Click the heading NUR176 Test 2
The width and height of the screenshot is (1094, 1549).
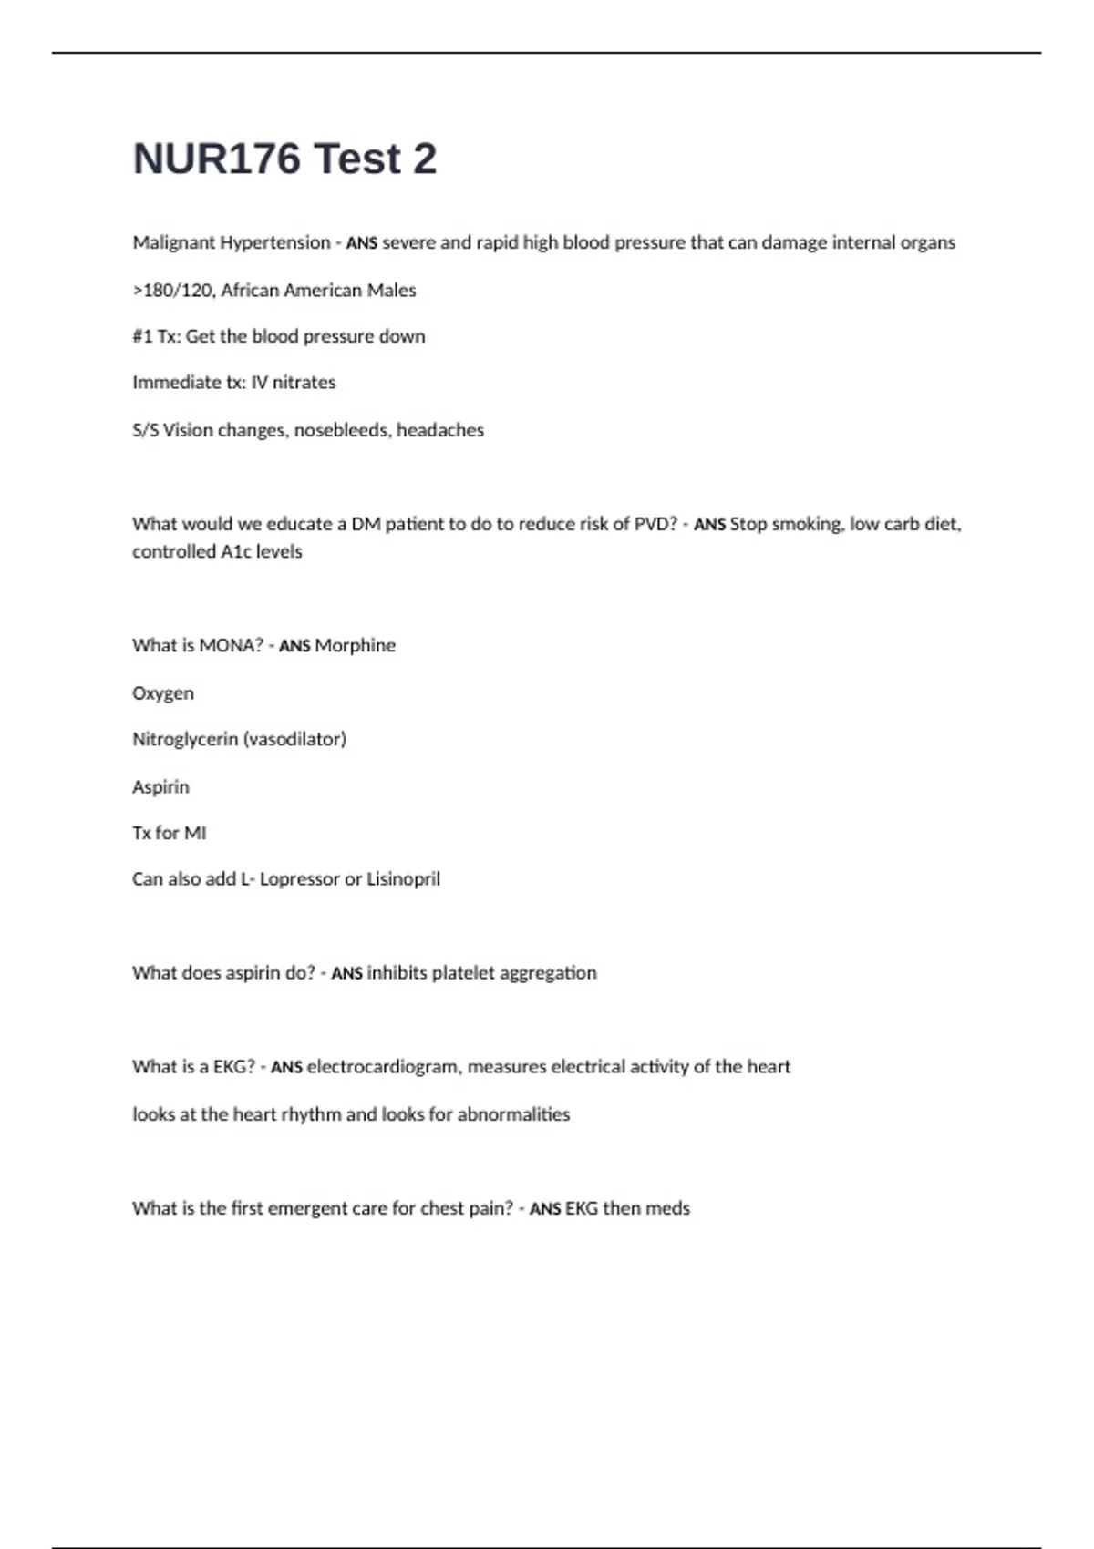(x=284, y=159)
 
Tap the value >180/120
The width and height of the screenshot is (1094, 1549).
(x=173, y=291)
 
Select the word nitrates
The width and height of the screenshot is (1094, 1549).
(x=304, y=383)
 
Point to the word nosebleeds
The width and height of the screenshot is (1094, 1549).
(x=340, y=430)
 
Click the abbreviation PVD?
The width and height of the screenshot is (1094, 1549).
(x=655, y=524)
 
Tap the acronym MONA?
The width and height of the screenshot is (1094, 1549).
(x=231, y=645)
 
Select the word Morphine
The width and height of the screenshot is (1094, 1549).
(x=355, y=645)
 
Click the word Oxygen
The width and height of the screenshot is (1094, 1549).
(x=163, y=693)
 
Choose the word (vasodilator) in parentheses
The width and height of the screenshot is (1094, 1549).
(x=294, y=739)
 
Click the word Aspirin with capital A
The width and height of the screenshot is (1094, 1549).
(x=161, y=786)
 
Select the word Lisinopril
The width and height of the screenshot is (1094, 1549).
(x=403, y=879)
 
